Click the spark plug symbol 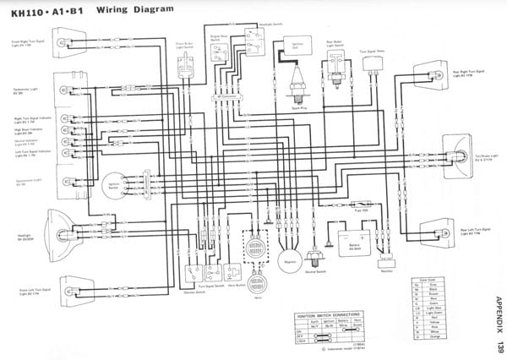pyautogui.click(x=297, y=88)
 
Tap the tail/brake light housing pyautogui.click(x=455, y=156)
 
